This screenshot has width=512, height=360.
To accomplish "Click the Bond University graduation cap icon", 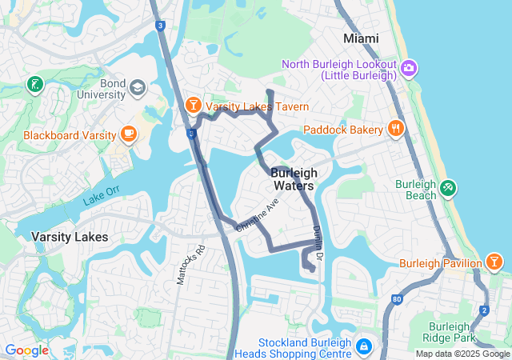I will pos(137,86).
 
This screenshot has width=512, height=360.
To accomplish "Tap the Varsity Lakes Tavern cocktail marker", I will pos(193,106).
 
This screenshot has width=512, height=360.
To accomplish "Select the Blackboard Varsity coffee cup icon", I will pos(128,134).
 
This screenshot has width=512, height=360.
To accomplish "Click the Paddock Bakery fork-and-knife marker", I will pos(395,129).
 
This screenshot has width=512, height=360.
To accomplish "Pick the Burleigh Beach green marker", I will pos(448,189).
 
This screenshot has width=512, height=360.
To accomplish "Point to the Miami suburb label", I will pos(361,38).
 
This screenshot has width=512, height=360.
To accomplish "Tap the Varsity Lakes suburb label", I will pos(64,237).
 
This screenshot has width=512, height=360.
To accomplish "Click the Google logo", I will pos(26,350).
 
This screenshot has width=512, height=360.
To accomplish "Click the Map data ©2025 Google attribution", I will pos(462,354).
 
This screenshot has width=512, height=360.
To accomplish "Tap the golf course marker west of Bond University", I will pos(34,84).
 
